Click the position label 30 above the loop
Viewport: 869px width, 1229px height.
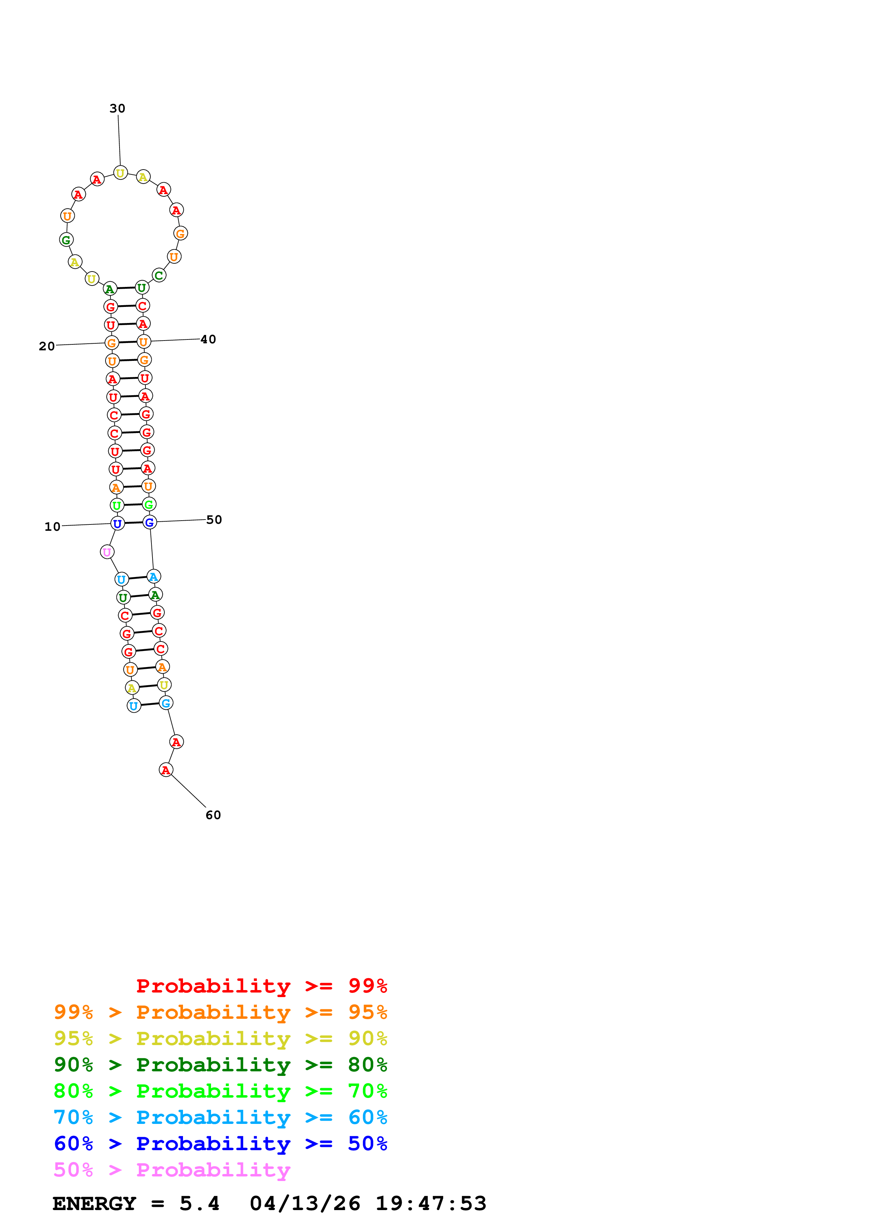tap(117, 109)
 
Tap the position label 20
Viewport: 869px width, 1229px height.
tap(47, 346)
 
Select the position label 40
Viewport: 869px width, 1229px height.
tap(208, 339)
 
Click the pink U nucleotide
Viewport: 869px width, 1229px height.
tap(107, 552)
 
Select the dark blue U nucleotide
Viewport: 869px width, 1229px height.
tap(117, 523)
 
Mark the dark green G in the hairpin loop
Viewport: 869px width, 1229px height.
tap(66, 240)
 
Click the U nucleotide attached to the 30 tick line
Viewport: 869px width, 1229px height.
tap(121, 173)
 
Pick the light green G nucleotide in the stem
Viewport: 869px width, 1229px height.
tap(149, 504)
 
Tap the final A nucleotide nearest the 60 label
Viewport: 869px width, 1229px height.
tap(166, 770)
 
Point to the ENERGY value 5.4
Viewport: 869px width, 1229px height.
tap(199, 1203)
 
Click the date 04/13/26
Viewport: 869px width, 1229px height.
tap(305, 1203)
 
